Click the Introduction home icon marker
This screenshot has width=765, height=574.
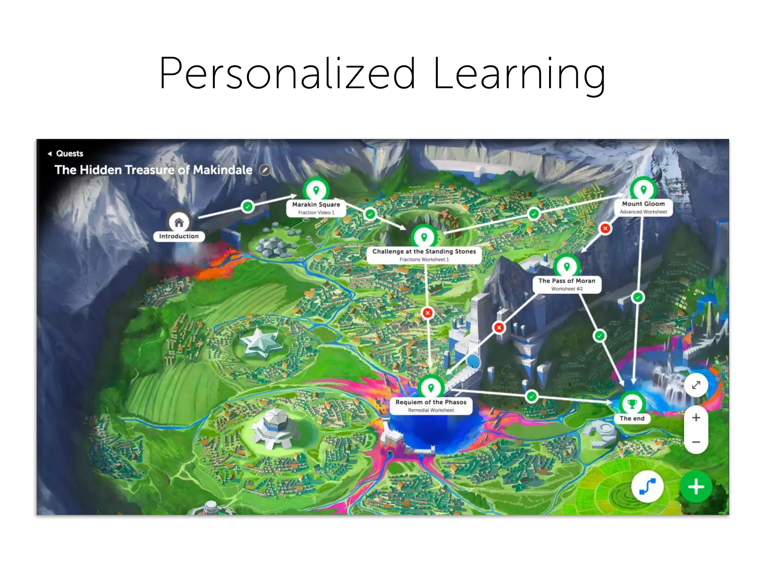tap(179, 222)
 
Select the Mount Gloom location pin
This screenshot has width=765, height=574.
tap(643, 189)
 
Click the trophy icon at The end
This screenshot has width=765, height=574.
tap(632, 404)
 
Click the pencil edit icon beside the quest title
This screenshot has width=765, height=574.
tap(265, 170)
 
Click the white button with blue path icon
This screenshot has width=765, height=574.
tap(647, 487)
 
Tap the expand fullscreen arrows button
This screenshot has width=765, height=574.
tap(696, 385)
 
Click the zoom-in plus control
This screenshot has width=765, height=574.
tap(696, 418)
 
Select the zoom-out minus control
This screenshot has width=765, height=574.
tap(696, 442)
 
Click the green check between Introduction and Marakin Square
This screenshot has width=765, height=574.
tap(247, 206)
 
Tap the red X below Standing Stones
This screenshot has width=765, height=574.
tap(428, 313)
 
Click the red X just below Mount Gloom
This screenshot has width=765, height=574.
tap(605, 228)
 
